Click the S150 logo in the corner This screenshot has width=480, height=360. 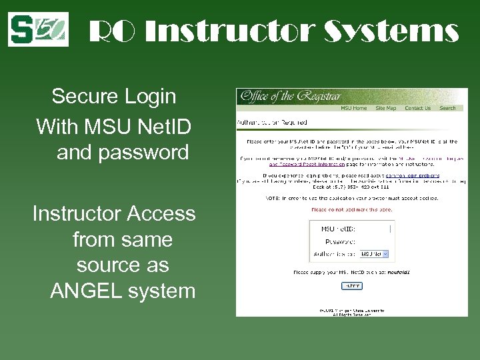38,29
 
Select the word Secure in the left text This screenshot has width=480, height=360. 83,97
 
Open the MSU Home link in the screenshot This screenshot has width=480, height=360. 354,108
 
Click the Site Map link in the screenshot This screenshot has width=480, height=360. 385,108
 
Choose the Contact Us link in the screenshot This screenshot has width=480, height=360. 417,108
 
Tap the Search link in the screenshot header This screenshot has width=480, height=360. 448,108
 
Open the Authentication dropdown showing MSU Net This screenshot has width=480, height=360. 374,254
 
